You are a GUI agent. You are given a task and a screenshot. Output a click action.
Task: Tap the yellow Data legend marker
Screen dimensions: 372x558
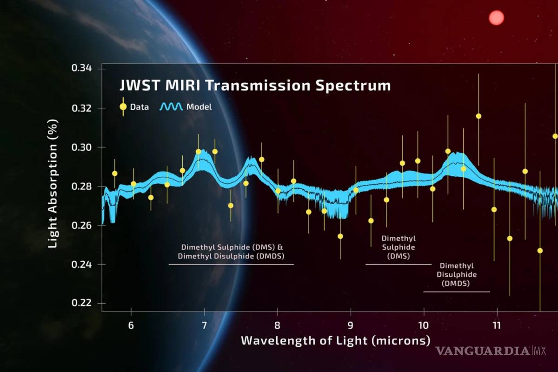[x=123, y=106]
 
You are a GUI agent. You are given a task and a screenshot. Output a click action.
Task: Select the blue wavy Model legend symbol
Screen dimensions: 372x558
[x=171, y=107]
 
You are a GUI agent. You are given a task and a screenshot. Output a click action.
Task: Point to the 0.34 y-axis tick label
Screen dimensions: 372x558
[x=82, y=69]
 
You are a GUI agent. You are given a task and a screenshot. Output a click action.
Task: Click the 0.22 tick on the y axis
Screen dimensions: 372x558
[x=82, y=303]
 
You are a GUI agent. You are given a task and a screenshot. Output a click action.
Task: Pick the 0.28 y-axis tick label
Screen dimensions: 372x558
[x=82, y=186]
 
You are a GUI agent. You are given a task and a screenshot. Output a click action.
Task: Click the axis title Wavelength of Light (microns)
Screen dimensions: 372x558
[x=335, y=340]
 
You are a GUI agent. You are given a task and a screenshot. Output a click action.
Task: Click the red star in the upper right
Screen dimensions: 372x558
[x=496, y=18]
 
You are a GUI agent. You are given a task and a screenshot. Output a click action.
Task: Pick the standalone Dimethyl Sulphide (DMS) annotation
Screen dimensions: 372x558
[x=398, y=247]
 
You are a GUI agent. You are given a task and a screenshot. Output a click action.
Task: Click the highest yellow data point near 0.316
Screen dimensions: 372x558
[x=478, y=116]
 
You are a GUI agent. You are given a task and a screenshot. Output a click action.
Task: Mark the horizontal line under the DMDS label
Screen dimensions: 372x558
[x=456, y=292]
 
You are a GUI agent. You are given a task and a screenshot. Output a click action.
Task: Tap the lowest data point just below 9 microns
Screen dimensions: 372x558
[x=340, y=236]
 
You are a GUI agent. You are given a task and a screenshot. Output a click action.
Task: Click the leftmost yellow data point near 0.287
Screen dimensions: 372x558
[x=114, y=173]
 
